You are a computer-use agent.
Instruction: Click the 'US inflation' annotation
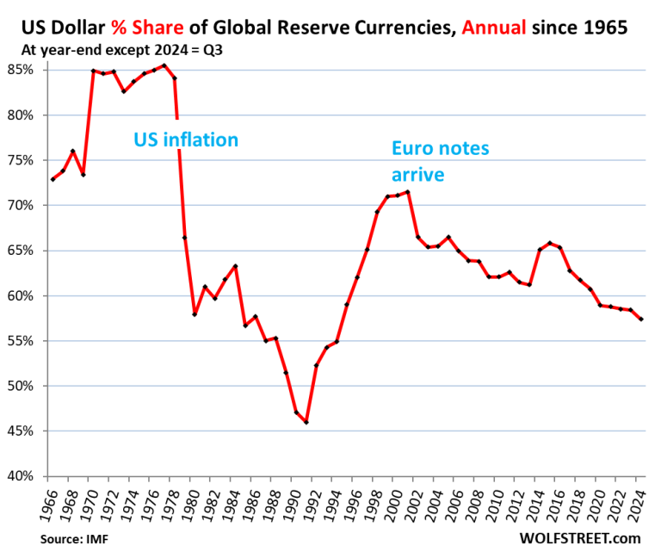(x=185, y=139)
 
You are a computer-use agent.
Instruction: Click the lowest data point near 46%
(x=306, y=422)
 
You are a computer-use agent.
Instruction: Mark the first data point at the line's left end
(x=53, y=179)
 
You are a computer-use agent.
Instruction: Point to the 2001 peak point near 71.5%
(x=407, y=191)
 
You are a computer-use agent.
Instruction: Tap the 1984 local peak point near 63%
(x=235, y=266)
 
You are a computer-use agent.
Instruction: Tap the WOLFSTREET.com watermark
(x=581, y=538)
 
